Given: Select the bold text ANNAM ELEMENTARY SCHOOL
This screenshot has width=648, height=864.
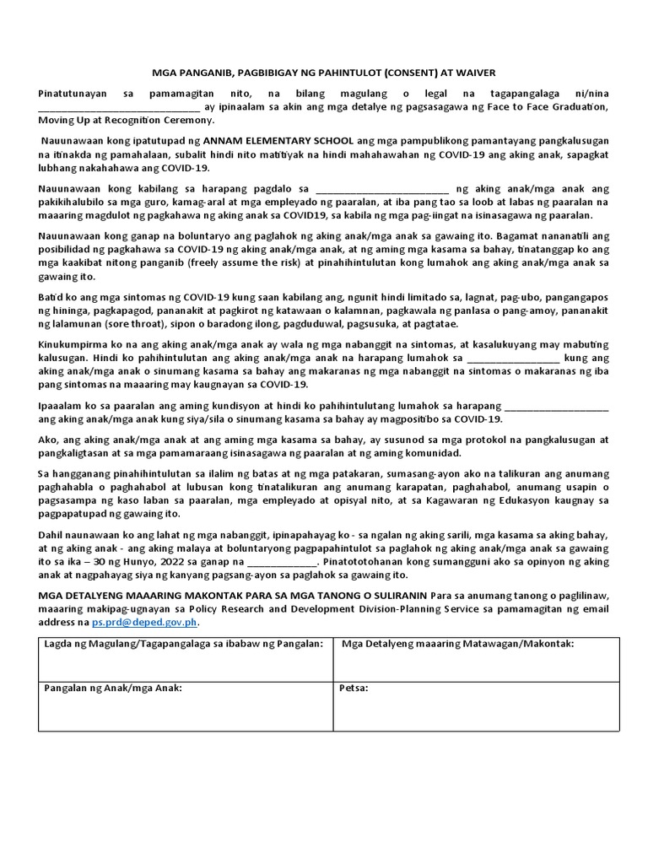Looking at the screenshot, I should point(279,140).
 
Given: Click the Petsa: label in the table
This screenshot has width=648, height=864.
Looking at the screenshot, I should point(354,688).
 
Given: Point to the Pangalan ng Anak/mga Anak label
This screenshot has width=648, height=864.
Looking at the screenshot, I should point(113,688).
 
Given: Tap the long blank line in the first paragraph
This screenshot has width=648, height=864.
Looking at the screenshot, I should point(118,106).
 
